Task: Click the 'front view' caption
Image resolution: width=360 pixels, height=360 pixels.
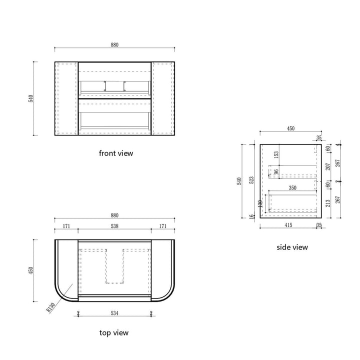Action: click(116, 153)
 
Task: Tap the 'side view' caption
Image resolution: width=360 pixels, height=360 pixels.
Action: click(292, 247)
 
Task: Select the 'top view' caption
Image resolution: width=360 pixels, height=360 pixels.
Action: click(114, 332)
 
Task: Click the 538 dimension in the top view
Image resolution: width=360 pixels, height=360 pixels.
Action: click(114, 226)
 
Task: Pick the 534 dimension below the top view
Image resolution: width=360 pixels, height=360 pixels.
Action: click(114, 314)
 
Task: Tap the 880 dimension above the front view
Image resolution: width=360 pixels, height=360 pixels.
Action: click(114, 44)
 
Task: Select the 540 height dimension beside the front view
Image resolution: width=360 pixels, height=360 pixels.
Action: click(31, 98)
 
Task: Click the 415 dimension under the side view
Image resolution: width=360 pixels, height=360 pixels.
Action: click(288, 225)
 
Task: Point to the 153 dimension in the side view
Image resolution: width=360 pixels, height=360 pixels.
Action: click(275, 155)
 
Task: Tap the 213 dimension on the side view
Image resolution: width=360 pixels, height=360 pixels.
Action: click(327, 202)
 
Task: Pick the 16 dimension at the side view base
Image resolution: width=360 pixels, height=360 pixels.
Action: click(251, 216)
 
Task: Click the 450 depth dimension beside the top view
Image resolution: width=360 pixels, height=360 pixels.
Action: click(31, 270)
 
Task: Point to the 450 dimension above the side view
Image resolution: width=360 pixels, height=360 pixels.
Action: click(290, 128)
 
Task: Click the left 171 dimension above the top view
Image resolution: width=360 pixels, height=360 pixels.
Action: click(66, 226)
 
